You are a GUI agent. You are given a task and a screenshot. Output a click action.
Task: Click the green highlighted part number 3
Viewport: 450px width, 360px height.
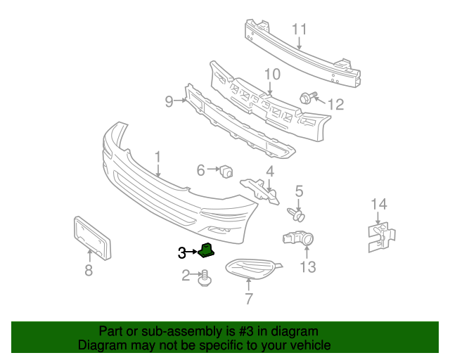coord(207,250)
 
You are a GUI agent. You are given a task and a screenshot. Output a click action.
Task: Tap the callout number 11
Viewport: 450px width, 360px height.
coord(300,30)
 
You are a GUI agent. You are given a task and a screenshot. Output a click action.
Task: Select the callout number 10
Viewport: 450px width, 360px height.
coord(272,74)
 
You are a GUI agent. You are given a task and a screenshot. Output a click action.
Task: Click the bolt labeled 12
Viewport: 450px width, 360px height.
coord(307,98)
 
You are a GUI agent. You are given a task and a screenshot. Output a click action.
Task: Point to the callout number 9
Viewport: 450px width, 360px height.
coord(169,102)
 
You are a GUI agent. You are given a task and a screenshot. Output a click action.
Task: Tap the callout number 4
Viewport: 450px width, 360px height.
coord(270,171)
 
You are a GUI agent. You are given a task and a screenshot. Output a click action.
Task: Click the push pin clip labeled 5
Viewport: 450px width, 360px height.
coord(297,210)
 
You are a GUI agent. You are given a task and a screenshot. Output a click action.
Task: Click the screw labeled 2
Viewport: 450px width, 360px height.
coord(205,279)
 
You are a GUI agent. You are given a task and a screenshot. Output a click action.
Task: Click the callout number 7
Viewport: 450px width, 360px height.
coord(248,299)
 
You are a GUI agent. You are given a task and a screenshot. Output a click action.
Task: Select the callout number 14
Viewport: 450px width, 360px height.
coord(379,205)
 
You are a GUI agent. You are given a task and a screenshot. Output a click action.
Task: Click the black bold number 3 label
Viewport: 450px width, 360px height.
coord(181,252)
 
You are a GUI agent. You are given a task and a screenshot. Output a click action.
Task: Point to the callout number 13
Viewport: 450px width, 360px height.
coord(308,266)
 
